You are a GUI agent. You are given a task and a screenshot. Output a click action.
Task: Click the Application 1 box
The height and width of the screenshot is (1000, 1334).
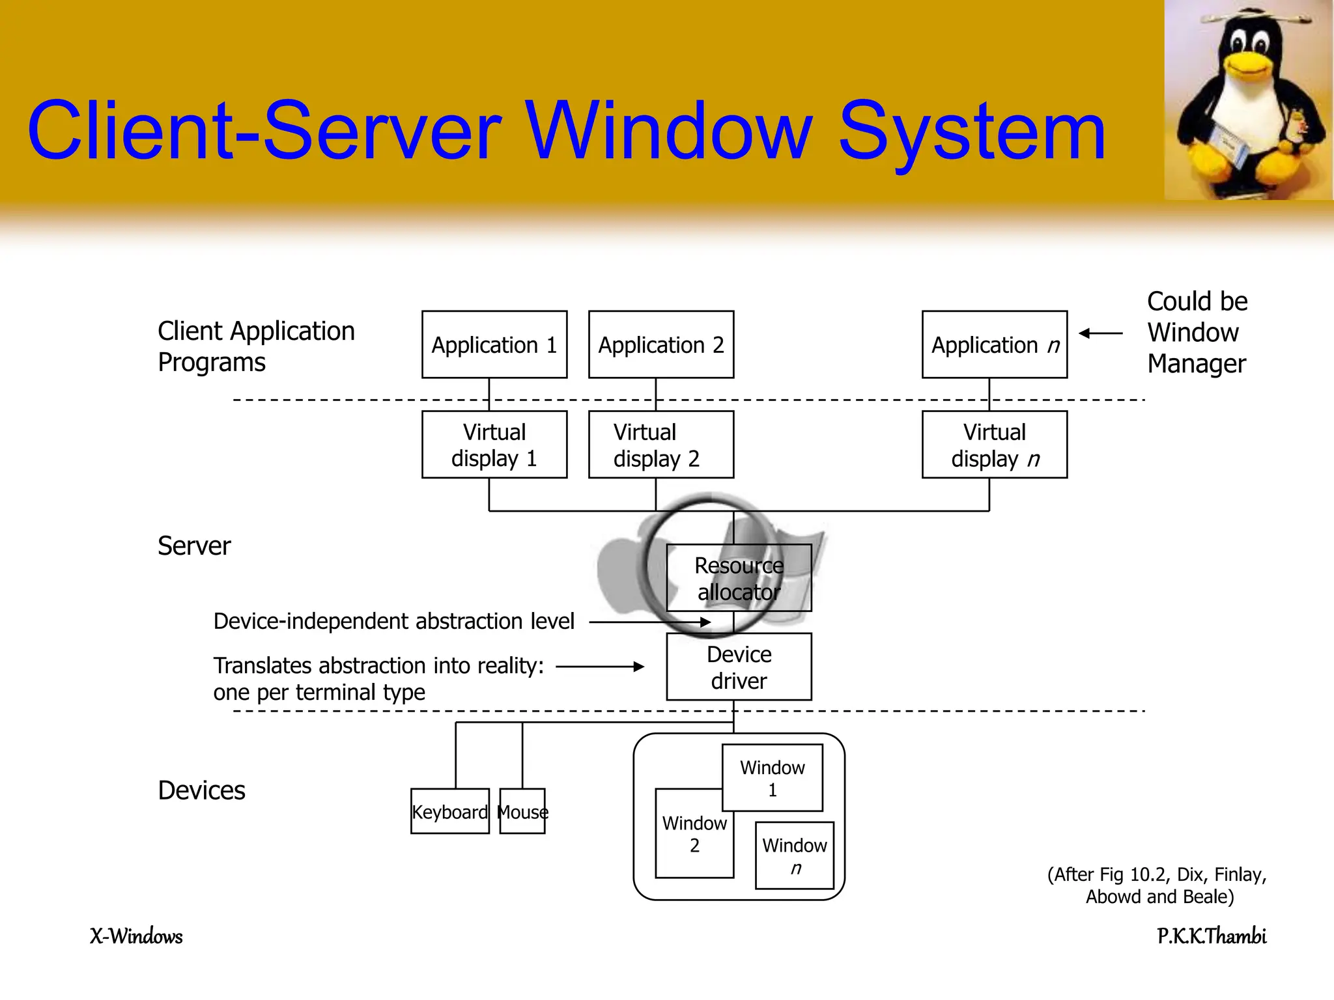494,344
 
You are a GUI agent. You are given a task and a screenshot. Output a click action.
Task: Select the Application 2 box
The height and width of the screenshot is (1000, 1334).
661,344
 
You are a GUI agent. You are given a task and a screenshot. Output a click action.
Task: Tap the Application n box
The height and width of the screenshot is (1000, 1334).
995,344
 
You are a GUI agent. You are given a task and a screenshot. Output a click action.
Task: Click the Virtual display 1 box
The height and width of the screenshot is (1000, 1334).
494,445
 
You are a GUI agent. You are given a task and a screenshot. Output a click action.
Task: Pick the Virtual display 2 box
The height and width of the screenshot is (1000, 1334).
661,445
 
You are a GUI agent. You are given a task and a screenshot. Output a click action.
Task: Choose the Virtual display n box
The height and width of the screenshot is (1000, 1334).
995,445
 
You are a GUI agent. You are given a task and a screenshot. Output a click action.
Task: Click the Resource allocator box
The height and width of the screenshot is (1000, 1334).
739,578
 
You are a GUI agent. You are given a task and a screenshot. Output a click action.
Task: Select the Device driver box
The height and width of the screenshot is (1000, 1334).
739,667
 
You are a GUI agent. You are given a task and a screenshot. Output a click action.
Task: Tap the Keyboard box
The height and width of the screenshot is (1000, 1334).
449,811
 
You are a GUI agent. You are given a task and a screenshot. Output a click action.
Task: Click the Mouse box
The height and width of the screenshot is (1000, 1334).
522,811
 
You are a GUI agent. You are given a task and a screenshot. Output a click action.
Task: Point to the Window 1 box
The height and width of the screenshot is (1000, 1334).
773,777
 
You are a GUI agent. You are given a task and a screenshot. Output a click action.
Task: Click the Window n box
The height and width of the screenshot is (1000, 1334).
795,855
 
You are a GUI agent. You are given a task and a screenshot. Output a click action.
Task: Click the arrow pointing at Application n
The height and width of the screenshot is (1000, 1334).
1101,333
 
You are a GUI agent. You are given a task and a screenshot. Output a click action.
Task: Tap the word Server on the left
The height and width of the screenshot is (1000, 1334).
194,546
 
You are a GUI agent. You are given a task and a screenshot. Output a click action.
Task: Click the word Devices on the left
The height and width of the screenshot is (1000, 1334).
201,790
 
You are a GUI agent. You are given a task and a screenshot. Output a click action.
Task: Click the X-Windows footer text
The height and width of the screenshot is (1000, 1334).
136,936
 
